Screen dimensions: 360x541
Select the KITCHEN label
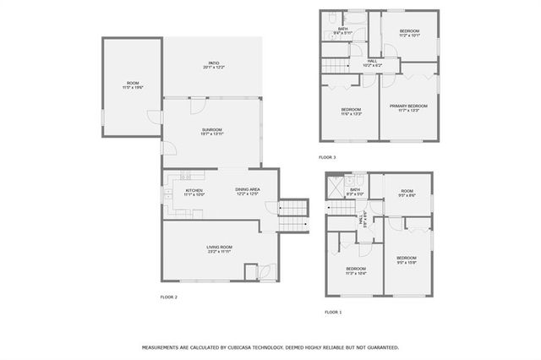tap(194, 191)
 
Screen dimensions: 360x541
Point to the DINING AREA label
tap(247, 189)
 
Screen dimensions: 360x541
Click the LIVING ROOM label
tap(219, 247)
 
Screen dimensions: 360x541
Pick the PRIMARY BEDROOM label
tap(408, 106)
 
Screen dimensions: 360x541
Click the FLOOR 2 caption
tap(168, 297)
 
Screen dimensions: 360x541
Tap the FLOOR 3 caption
tap(327, 158)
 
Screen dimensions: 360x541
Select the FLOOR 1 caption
tap(333, 312)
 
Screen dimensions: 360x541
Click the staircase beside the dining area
tap(292, 210)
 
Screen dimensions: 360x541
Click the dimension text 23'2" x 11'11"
tap(219, 252)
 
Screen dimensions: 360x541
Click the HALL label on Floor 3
tap(372, 61)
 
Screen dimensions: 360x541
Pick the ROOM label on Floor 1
tap(407, 191)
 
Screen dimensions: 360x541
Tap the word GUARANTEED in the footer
tap(380, 347)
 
